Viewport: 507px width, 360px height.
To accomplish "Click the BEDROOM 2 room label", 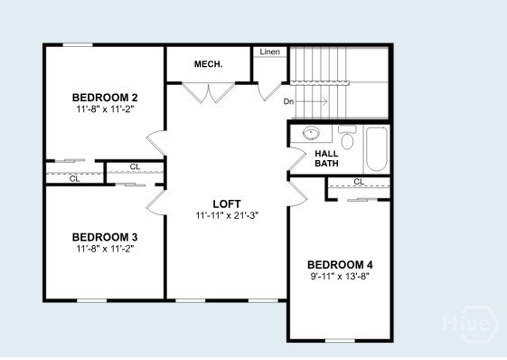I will pos(105,97).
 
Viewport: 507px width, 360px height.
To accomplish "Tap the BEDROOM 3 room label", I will pos(105,237).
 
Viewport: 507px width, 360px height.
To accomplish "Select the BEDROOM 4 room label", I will pos(339,264).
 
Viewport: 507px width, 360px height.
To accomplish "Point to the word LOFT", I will pos(226,204).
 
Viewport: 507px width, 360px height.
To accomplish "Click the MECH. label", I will pos(209,64).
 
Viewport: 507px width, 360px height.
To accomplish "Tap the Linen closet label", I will pos(269,52).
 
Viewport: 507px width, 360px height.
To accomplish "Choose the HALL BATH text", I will pos(326,159).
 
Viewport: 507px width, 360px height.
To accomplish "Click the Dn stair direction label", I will pos(288,101).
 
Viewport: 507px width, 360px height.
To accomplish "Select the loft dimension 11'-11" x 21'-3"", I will pos(226,215).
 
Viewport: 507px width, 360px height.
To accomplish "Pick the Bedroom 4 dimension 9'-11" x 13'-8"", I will pos(339,276).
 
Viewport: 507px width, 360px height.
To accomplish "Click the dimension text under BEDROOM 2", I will pos(105,108).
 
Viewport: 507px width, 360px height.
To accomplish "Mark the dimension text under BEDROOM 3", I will pos(105,248).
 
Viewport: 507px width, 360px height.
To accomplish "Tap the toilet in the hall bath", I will pos(347,137).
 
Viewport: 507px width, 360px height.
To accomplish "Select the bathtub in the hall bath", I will pos(377,149).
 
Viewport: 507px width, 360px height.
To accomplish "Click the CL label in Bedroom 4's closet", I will pos(359,182).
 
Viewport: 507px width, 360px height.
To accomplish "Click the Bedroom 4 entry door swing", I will pos(296,193).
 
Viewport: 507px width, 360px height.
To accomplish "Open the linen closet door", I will pos(268,90).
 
